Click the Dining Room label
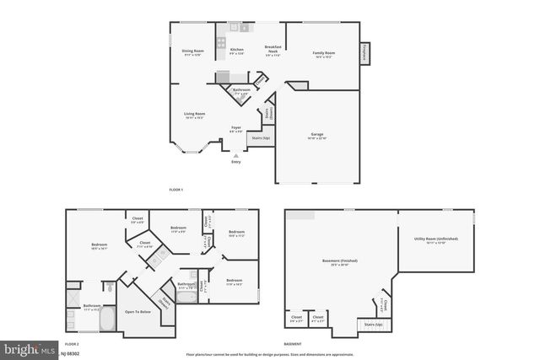pos(192,51)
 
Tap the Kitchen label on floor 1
pos(237,51)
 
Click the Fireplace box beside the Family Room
pos(367,53)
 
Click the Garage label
pos(317,137)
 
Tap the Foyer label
pos(236,129)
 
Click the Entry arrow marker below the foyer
pos(236,155)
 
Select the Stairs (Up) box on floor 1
pos(261,137)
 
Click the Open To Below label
pos(138,311)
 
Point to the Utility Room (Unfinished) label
pos(436,239)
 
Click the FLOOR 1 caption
pos(176,191)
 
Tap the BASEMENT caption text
pos(293,345)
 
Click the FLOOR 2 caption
pos(73,345)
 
